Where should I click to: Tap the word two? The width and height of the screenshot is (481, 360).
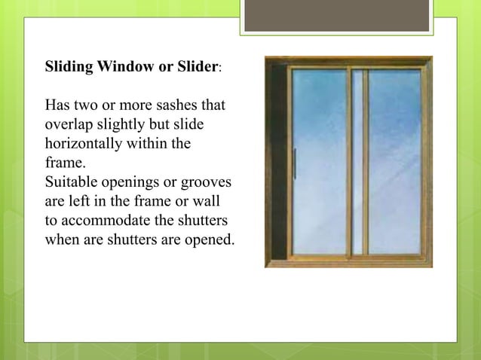tap(88, 104)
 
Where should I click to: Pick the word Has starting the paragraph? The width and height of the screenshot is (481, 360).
tap(59, 104)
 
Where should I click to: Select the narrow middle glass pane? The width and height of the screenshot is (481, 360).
tap(358, 161)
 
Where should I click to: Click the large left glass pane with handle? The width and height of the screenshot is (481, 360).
tap(317, 161)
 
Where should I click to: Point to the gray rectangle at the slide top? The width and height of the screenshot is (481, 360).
tap(337, 16)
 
